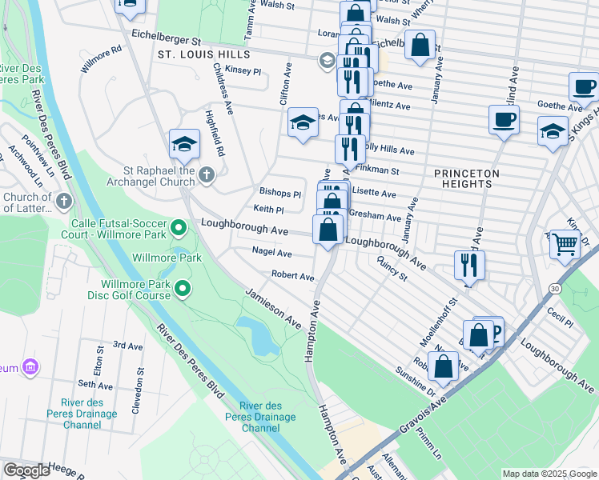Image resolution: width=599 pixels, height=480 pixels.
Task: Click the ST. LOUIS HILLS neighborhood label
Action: (204, 54)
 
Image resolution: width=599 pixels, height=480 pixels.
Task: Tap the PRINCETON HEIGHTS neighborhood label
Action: (467, 178)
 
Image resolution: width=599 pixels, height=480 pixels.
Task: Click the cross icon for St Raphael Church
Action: (207, 175)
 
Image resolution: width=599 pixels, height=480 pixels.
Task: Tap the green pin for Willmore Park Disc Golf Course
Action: (183, 288)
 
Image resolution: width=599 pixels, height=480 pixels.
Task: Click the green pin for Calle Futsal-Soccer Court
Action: (179, 230)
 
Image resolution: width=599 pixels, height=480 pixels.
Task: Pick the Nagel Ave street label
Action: (271, 252)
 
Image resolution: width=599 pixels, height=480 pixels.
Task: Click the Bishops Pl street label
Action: (279, 194)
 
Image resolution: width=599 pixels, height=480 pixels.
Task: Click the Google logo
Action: (26, 470)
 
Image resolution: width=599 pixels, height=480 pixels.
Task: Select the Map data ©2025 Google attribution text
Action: (549, 474)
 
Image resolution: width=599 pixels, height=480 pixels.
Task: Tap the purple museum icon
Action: (30, 368)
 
